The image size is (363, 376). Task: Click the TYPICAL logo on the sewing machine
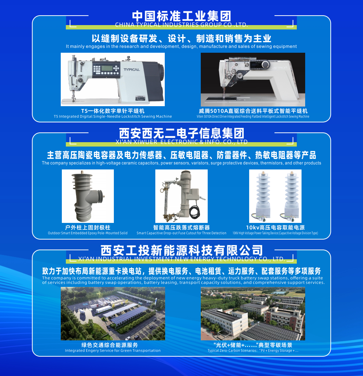[131, 69]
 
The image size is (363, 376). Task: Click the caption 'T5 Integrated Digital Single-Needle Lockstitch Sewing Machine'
[113, 117]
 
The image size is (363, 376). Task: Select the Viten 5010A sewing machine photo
[253, 80]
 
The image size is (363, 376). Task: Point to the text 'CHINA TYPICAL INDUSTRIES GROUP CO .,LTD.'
[181, 25]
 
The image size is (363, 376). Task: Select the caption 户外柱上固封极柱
[87, 228]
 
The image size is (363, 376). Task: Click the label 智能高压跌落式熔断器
[181, 228]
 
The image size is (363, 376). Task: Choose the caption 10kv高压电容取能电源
[275, 228]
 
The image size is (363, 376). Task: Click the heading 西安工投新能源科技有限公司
[181, 251]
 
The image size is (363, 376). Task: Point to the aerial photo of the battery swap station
[113, 313]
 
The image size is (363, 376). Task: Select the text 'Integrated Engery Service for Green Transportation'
[113, 351]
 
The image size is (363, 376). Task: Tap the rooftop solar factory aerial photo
[253, 313]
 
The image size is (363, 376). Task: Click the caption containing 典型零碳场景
[253, 345]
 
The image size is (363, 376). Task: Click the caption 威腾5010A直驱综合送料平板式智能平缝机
[253, 111]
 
